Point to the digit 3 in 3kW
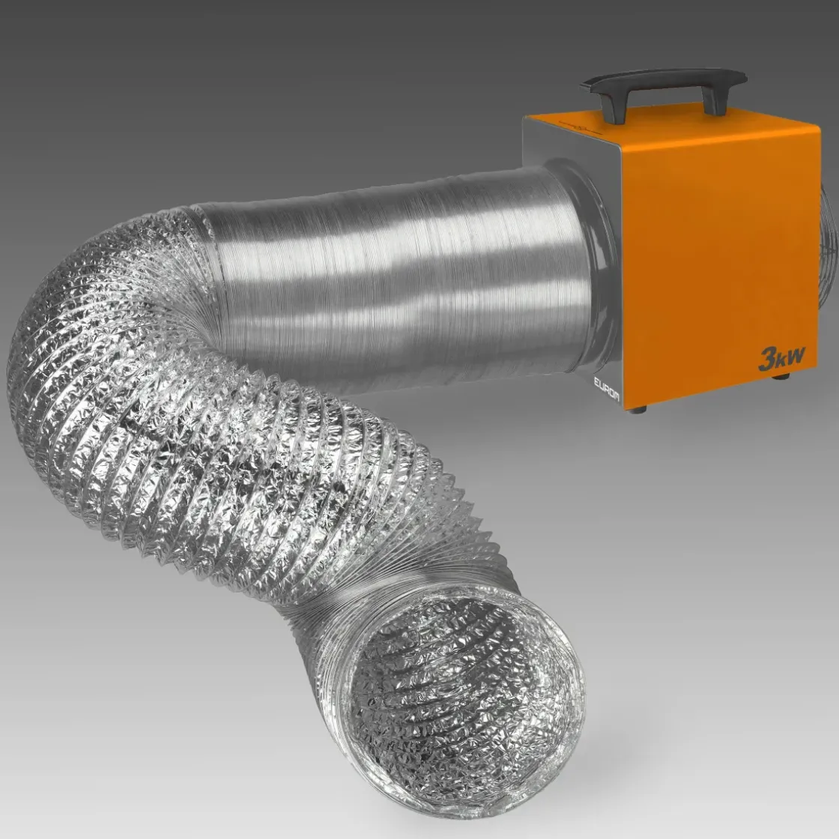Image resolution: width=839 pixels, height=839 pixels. click(x=767, y=360)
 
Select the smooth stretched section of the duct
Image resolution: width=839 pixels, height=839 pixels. click(x=390, y=262)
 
